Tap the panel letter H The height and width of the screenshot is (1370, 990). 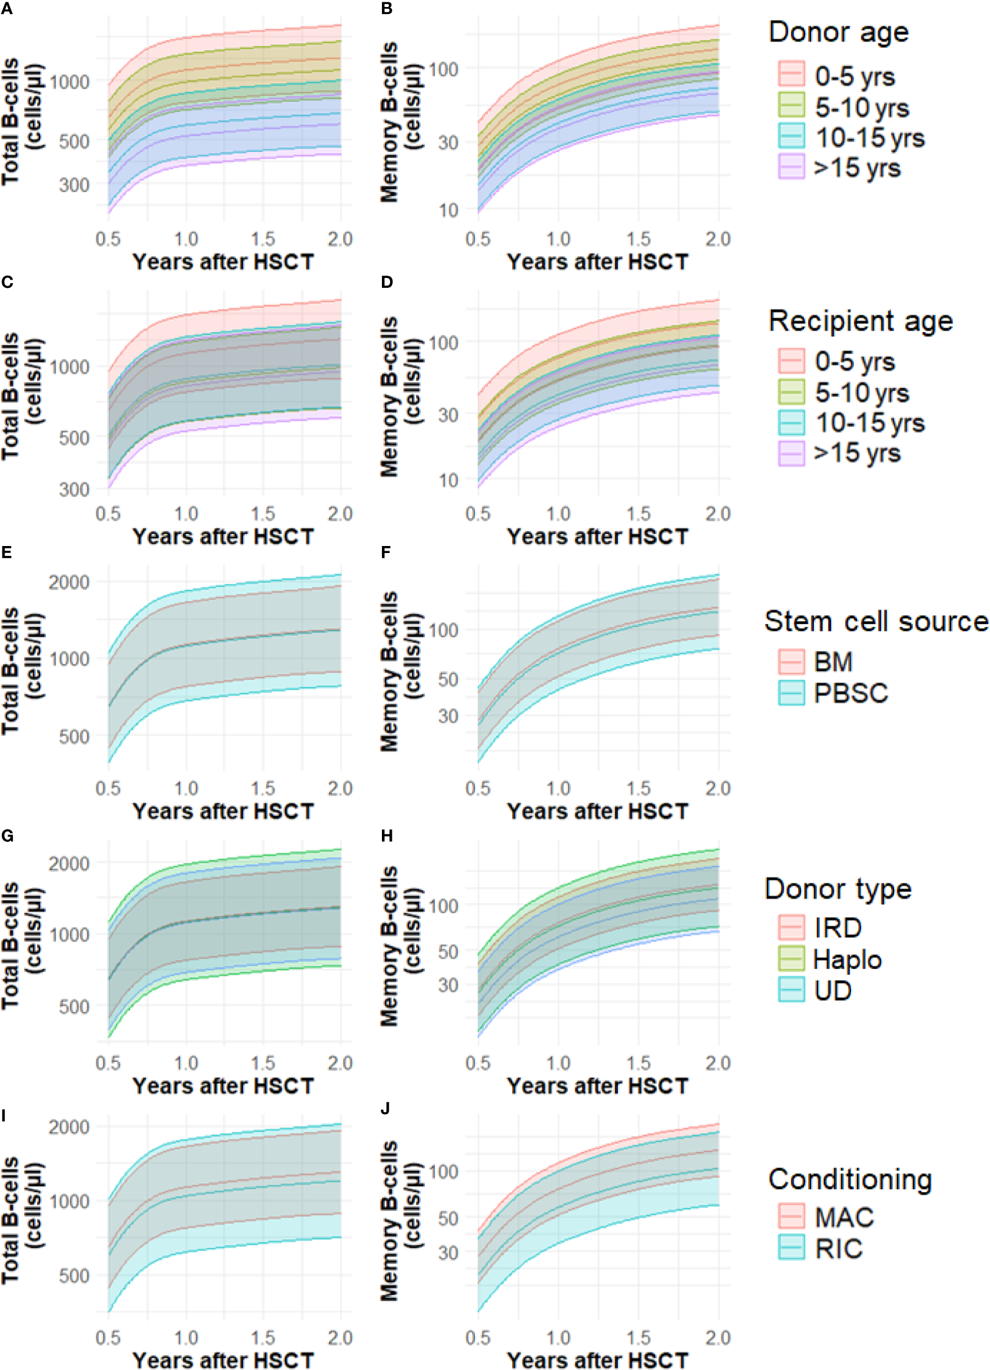click(387, 836)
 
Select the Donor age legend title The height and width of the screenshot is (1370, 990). click(838, 32)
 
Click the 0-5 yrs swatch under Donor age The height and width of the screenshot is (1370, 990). click(791, 75)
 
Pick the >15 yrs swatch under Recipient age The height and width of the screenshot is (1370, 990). click(791, 453)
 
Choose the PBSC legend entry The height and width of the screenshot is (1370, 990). click(850, 694)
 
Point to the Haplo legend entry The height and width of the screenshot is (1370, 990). click(847, 959)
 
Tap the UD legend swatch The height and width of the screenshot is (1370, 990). click(791, 991)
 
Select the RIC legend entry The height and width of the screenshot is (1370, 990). click(838, 1248)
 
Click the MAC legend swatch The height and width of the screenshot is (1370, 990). click(791, 1216)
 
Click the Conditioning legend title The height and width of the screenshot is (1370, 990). click(850, 1179)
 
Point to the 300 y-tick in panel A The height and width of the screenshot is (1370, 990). click(74, 184)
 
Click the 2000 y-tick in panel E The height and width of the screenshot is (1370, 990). click(69, 581)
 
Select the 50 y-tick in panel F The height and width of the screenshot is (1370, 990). click(448, 679)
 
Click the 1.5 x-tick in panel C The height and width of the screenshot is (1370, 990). click(263, 513)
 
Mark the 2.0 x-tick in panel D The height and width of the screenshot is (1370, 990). click(717, 513)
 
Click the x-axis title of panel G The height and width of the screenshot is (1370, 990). click(223, 1086)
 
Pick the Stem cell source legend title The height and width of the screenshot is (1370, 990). click(876, 621)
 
